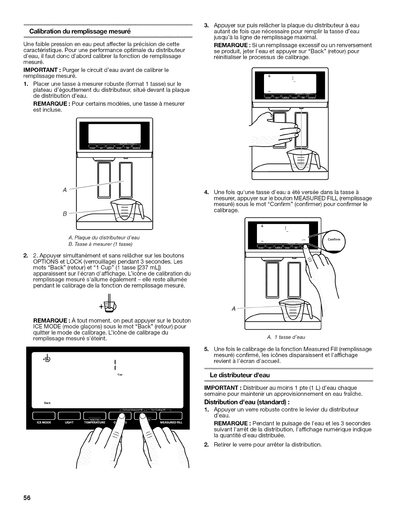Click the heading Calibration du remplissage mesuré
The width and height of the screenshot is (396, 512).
tap(80, 32)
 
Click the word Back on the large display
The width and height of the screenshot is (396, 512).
tap(47, 403)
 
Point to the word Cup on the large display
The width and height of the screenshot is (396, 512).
tap(120, 375)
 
